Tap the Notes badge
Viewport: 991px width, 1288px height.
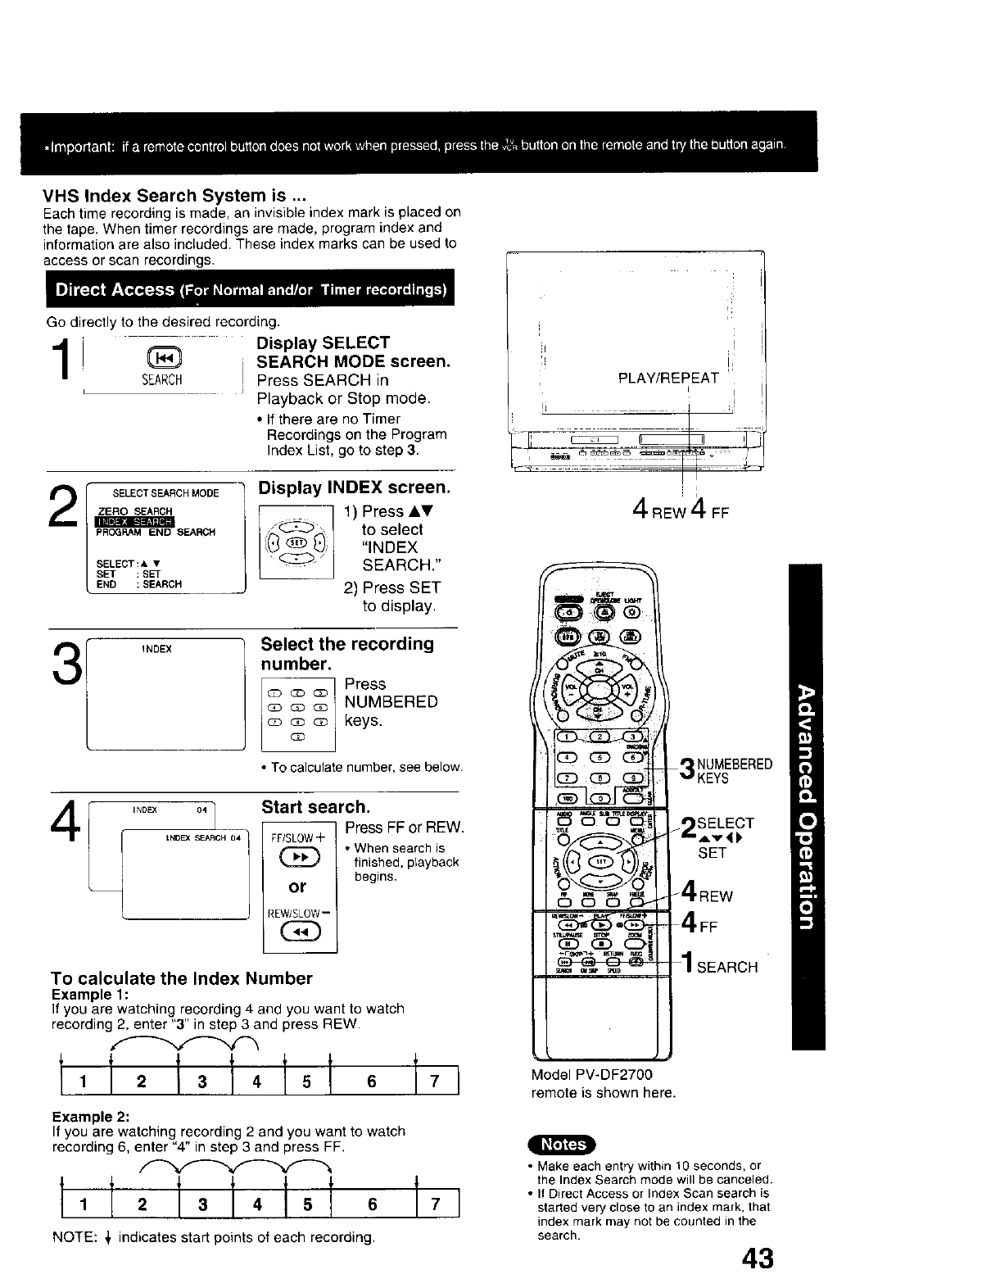[564, 1144]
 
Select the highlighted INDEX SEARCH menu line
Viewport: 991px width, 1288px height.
[133, 522]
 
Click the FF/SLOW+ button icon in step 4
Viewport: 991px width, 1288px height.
[299, 858]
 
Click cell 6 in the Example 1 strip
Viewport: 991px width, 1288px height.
[372, 1082]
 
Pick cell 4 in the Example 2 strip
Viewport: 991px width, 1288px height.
[257, 1204]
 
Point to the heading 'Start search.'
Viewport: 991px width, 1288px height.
[315, 807]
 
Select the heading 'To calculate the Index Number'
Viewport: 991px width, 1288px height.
[182, 978]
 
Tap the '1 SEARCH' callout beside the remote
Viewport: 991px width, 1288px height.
[720, 966]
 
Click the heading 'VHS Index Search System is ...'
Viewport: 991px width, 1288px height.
[175, 196]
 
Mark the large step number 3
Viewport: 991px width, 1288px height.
[67, 666]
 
